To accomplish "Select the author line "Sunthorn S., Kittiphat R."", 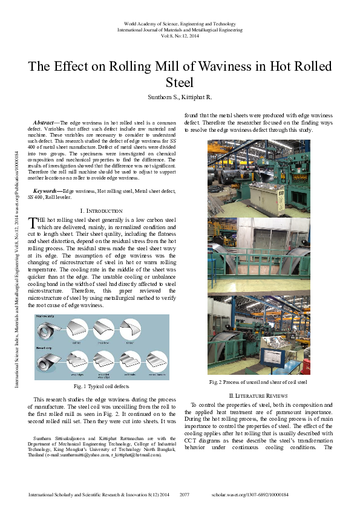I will tap(180, 97).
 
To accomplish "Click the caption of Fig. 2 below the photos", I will tap(258, 382).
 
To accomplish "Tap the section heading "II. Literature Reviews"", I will tap(258, 395).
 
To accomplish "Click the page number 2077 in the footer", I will tap(185, 494).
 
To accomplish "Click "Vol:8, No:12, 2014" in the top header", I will tap(180, 36).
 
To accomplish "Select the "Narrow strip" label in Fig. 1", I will tap(47, 317).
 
